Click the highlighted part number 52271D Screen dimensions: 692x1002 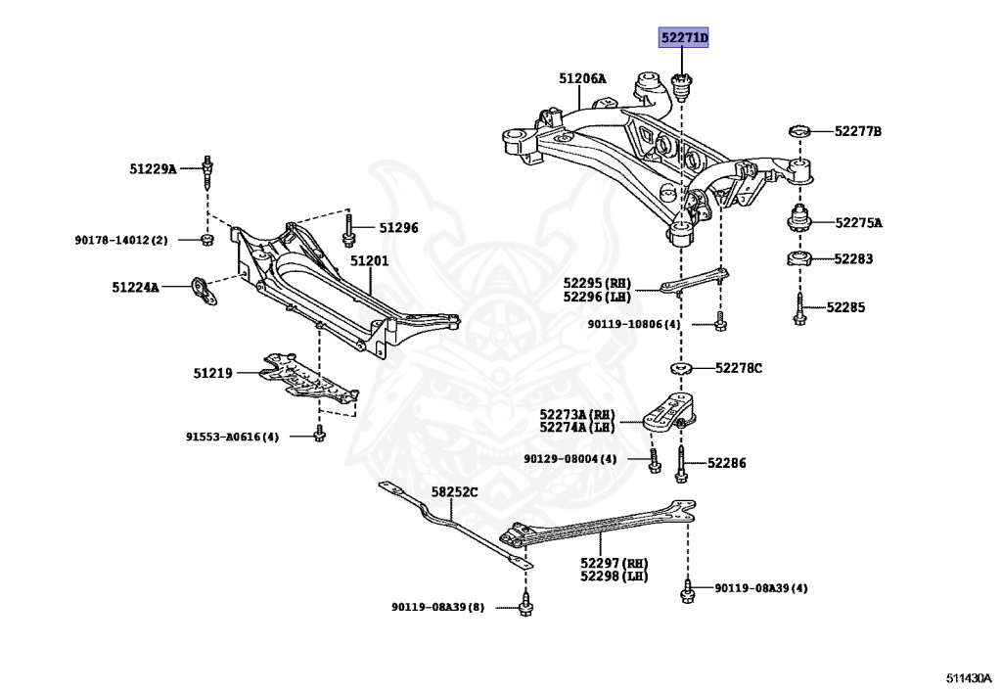point(683,39)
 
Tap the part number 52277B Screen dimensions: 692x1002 point(858,131)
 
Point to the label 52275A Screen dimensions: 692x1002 point(858,223)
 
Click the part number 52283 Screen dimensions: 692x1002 point(853,259)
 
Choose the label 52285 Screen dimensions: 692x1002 point(845,307)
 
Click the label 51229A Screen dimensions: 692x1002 point(153,169)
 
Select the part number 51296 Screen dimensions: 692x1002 point(398,228)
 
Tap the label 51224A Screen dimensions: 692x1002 point(135,288)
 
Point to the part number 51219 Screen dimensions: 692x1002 point(212,373)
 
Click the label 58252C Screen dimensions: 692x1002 point(454,492)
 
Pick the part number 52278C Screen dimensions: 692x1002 point(738,368)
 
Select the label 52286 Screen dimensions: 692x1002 point(726,463)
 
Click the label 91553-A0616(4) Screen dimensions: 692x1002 point(232,437)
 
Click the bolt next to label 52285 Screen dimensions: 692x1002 point(799,307)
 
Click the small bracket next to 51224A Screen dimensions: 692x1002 point(203,290)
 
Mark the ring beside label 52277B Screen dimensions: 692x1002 point(799,132)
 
